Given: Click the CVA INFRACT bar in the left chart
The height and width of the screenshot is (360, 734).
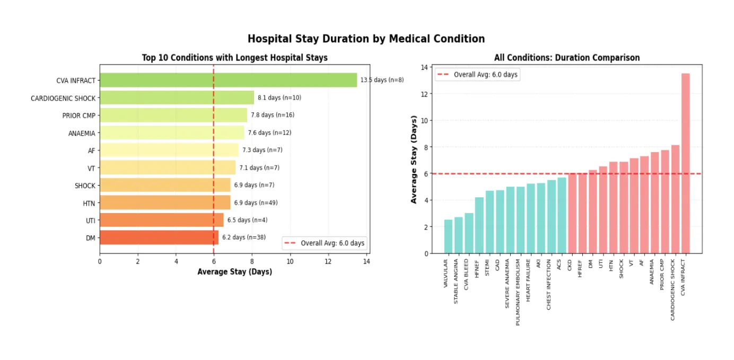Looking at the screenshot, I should pyautogui.click(x=228, y=80).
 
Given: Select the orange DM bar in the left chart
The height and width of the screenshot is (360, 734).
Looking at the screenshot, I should pyautogui.click(x=159, y=238).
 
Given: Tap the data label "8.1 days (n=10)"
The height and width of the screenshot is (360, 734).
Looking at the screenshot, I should pyautogui.click(x=279, y=98).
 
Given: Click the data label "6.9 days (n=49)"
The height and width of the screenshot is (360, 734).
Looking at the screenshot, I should pyautogui.click(x=256, y=203).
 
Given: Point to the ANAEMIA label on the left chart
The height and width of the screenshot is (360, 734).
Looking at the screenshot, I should pyautogui.click(x=82, y=133).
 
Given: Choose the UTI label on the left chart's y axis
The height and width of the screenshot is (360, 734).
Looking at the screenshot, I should pyautogui.click(x=90, y=220).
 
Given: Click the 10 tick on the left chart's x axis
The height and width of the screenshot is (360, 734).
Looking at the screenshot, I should pyautogui.click(x=290, y=261).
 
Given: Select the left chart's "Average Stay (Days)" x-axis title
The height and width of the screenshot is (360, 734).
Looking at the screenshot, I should pyautogui.click(x=234, y=271).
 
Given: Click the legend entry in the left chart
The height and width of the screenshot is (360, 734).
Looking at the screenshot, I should pyautogui.click(x=324, y=243).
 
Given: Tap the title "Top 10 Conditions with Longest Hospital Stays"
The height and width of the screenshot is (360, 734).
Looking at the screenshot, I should pyautogui.click(x=234, y=57).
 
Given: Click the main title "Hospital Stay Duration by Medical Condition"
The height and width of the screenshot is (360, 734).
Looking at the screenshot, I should pyautogui.click(x=366, y=39).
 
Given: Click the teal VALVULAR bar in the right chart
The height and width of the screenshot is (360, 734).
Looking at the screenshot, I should pyautogui.click(x=448, y=236).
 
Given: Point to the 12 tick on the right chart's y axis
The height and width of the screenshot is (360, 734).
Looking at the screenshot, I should pyautogui.click(x=425, y=94).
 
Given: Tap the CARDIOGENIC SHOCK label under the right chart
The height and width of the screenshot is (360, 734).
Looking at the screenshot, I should pyautogui.click(x=673, y=289).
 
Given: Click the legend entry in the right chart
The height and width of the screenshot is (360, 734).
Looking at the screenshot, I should pyautogui.click(x=477, y=75).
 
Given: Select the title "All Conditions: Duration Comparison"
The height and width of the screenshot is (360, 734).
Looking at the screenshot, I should pyautogui.click(x=566, y=57).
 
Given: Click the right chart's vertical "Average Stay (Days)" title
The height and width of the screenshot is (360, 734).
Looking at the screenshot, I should pyautogui.click(x=414, y=160).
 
